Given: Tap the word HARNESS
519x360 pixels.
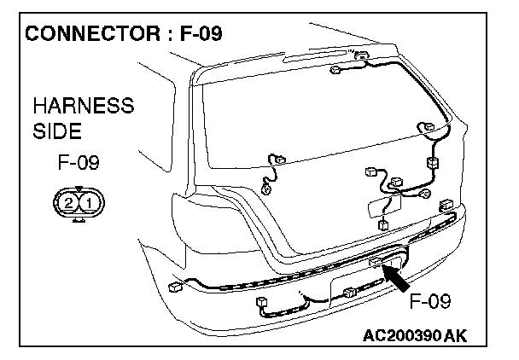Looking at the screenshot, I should coord(83,107).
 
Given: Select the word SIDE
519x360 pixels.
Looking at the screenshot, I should coord(56,132).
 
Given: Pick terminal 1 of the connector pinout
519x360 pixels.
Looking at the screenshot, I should coord(88,202).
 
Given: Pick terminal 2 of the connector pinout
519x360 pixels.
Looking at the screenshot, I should coord(67,202).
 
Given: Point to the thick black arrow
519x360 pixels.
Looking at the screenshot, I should coord(395,278).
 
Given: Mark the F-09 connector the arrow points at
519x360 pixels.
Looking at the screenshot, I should coord(376,261).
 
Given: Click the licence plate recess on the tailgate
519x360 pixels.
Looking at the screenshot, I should coord(376,207).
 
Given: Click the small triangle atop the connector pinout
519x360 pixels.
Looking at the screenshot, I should coord(78,189).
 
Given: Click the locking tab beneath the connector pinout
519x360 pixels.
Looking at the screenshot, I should coord(78,218).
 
